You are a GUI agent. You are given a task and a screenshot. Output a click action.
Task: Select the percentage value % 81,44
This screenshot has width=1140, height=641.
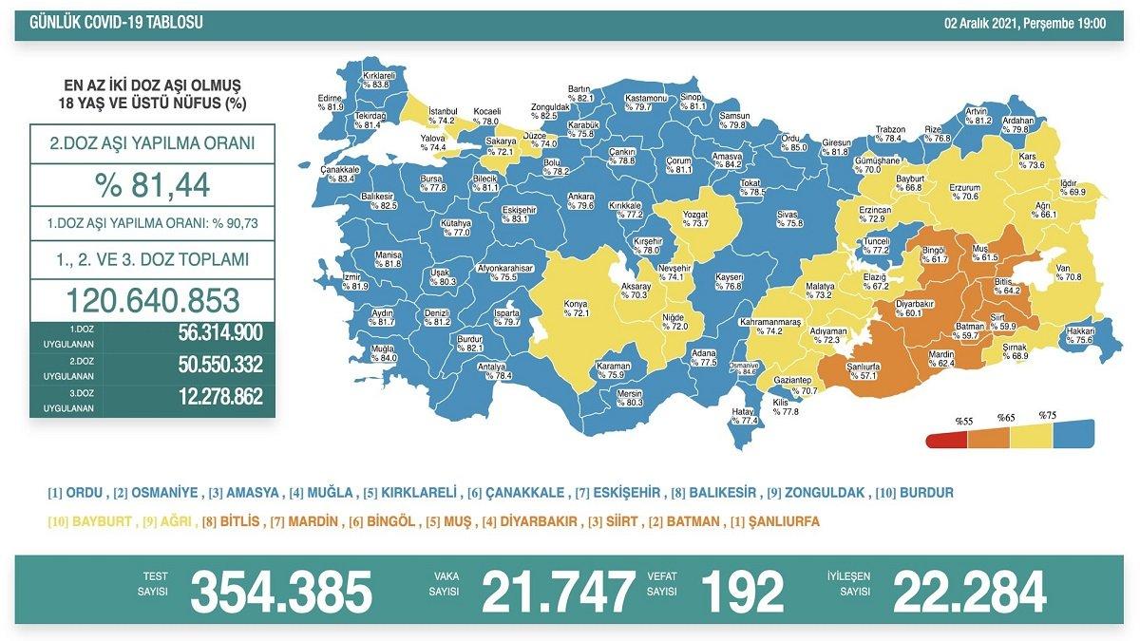coord(152,184)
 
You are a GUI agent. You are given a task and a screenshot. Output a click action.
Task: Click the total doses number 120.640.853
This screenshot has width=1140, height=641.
coord(152,300)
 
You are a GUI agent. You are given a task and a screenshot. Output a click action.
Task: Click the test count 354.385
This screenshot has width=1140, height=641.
coord(281,592)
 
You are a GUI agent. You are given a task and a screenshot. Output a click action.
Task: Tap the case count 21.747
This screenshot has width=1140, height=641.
coord(558,592)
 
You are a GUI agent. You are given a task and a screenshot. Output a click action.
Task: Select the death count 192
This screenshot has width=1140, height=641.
coord(742,592)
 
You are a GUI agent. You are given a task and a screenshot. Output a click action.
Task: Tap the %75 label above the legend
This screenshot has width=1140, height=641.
coord(1047,416)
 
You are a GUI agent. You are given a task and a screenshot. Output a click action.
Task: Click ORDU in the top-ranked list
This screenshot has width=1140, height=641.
coord(78,493)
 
